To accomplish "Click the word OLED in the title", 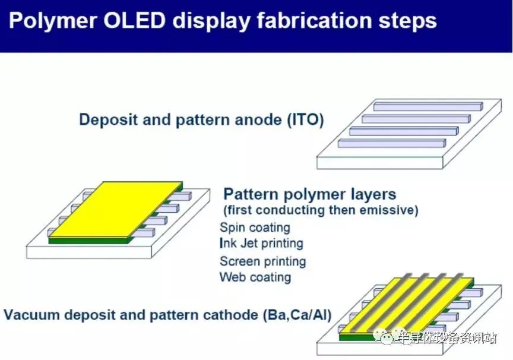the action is [x=134, y=20].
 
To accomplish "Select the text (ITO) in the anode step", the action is [x=306, y=120].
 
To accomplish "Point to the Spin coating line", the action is [x=255, y=228].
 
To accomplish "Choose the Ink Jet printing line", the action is [x=261, y=244].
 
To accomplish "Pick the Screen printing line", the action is [x=262, y=261].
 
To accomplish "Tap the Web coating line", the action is [x=255, y=277].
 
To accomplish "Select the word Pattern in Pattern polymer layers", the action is [x=251, y=194].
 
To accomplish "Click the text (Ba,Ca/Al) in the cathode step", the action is [x=297, y=315].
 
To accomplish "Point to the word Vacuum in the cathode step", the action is [x=32, y=315].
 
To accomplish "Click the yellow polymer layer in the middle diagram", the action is [x=116, y=210].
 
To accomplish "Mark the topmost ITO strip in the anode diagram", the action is [x=428, y=106].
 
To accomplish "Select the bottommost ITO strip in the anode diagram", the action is [x=392, y=143].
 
